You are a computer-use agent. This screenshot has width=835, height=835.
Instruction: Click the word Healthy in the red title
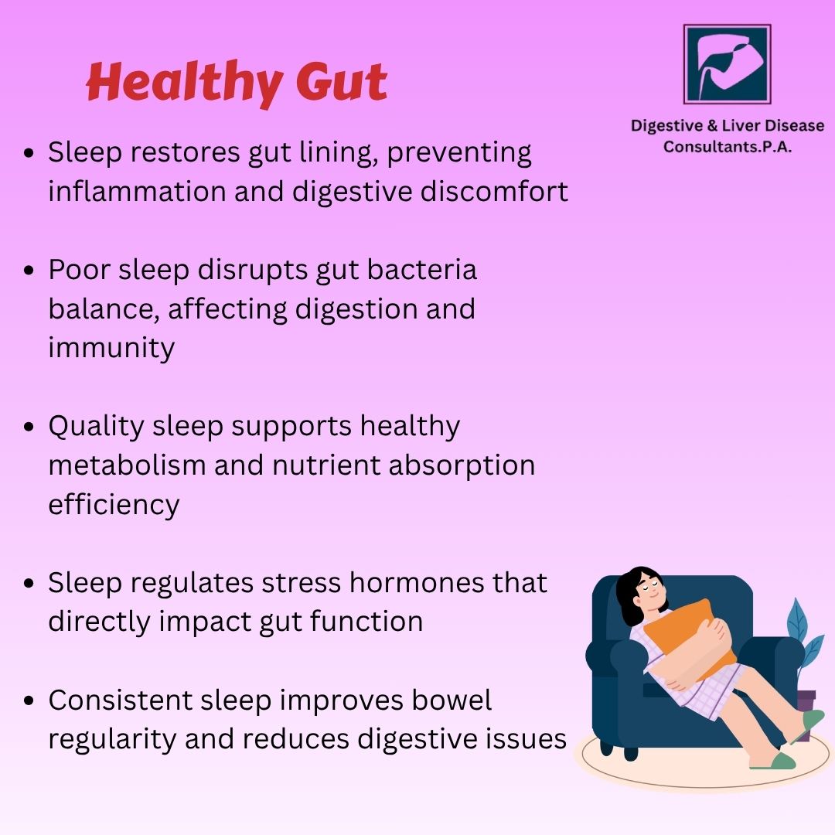(x=184, y=83)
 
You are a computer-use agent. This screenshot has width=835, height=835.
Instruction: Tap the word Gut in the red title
(x=342, y=81)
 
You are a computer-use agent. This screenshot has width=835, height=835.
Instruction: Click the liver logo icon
(x=727, y=64)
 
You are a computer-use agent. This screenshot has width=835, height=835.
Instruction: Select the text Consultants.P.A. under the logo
(x=728, y=146)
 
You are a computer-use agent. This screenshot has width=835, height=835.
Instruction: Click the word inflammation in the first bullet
(x=138, y=191)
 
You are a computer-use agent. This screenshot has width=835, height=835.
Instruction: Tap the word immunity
(x=111, y=349)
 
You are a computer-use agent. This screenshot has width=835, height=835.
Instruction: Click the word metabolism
(x=128, y=465)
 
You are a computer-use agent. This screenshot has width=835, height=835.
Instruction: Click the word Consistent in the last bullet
(x=121, y=700)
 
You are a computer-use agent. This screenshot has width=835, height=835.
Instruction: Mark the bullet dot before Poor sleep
(x=29, y=270)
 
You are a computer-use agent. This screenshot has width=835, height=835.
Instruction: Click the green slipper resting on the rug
(x=772, y=761)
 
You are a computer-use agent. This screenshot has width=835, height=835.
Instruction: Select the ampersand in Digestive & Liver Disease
(x=713, y=126)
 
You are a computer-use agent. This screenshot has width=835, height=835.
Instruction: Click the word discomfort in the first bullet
(x=494, y=191)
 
